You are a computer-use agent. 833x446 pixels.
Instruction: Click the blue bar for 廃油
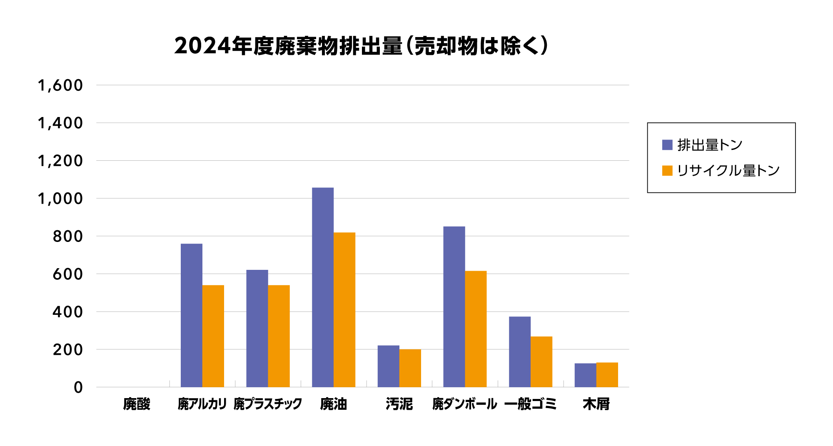[323, 287]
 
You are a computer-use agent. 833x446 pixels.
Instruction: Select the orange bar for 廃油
[344, 310]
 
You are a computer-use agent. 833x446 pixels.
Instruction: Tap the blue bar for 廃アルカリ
[192, 315]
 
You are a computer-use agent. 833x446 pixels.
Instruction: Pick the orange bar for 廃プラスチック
[279, 336]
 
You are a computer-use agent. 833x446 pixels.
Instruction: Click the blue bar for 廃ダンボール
[454, 307]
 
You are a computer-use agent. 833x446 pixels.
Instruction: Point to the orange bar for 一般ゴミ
[541, 361]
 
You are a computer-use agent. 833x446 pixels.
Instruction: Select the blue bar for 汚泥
[388, 366]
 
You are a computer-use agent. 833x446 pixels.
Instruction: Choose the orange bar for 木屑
[607, 375]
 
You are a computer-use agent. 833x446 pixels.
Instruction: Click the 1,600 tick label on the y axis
[60, 85]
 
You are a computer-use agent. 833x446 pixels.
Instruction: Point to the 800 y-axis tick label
[68, 237]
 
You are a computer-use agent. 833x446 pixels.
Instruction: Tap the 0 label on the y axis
[78, 388]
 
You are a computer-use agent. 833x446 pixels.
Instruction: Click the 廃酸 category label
[137, 404]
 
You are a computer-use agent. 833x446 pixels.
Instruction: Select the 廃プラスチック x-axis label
[268, 404]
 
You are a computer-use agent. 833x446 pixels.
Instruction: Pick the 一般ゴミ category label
[530, 404]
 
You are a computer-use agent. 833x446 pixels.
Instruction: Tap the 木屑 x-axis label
[596, 404]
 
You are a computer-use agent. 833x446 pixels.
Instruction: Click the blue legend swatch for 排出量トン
[667, 145]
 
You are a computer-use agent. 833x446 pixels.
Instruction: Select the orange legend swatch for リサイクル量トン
[667, 171]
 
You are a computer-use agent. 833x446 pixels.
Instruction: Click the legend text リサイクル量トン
[728, 171]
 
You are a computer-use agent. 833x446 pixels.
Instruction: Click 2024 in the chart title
[202, 46]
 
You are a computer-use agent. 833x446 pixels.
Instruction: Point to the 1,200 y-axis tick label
[60, 161]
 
